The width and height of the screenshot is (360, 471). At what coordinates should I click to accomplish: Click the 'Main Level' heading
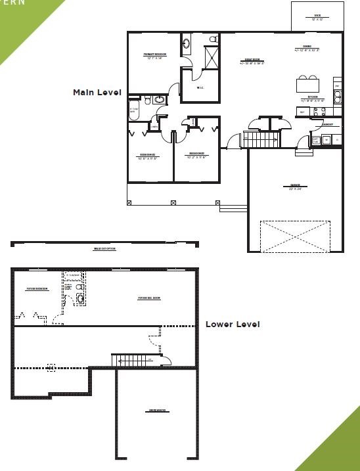(x=97, y=93)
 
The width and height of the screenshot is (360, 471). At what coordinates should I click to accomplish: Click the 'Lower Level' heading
(x=233, y=324)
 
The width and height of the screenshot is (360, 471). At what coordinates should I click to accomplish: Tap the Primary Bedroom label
(x=155, y=55)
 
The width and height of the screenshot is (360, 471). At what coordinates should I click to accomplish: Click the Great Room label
(x=254, y=62)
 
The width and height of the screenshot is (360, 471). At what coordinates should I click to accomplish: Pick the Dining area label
(x=306, y=48)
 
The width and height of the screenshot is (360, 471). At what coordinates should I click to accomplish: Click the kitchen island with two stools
(x=309, y=85)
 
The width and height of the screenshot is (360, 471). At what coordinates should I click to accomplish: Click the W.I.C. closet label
(x=199, y=89)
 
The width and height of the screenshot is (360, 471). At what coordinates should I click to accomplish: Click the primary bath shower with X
(x=213, y=57)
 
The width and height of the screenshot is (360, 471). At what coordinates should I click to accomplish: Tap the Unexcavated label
(x=156, y=411)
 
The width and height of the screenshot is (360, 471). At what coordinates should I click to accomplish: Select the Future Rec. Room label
(x=149, y=298)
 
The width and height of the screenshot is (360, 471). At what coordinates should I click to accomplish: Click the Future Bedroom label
(x=37, y=288)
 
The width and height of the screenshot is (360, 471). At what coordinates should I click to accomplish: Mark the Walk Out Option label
(x=105, y=249)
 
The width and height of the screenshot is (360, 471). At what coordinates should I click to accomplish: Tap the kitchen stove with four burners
(x=338, y=97)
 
